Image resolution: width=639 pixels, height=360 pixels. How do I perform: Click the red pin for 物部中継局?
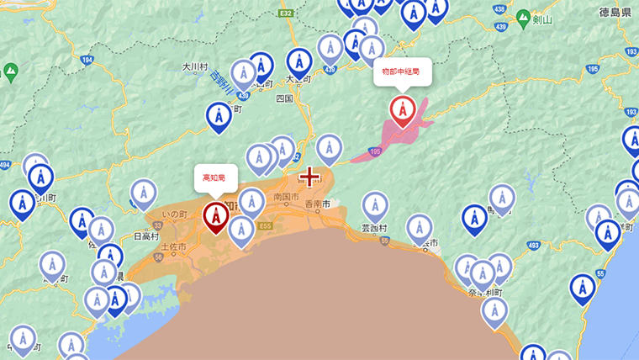point(403,110)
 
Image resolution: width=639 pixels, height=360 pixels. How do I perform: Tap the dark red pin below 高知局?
point(215,215)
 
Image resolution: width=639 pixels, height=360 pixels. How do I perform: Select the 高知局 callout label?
point(215,177)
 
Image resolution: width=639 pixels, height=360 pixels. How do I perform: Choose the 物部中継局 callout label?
point(402,72)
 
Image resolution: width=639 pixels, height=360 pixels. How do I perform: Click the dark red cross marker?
point(309,177)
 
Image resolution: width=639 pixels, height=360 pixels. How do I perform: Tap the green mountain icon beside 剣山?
point(524,18)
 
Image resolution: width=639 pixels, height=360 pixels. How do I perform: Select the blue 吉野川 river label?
point(222,82)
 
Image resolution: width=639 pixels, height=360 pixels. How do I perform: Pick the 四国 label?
point(284,98)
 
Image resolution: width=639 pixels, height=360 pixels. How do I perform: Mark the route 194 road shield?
point(87,61)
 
